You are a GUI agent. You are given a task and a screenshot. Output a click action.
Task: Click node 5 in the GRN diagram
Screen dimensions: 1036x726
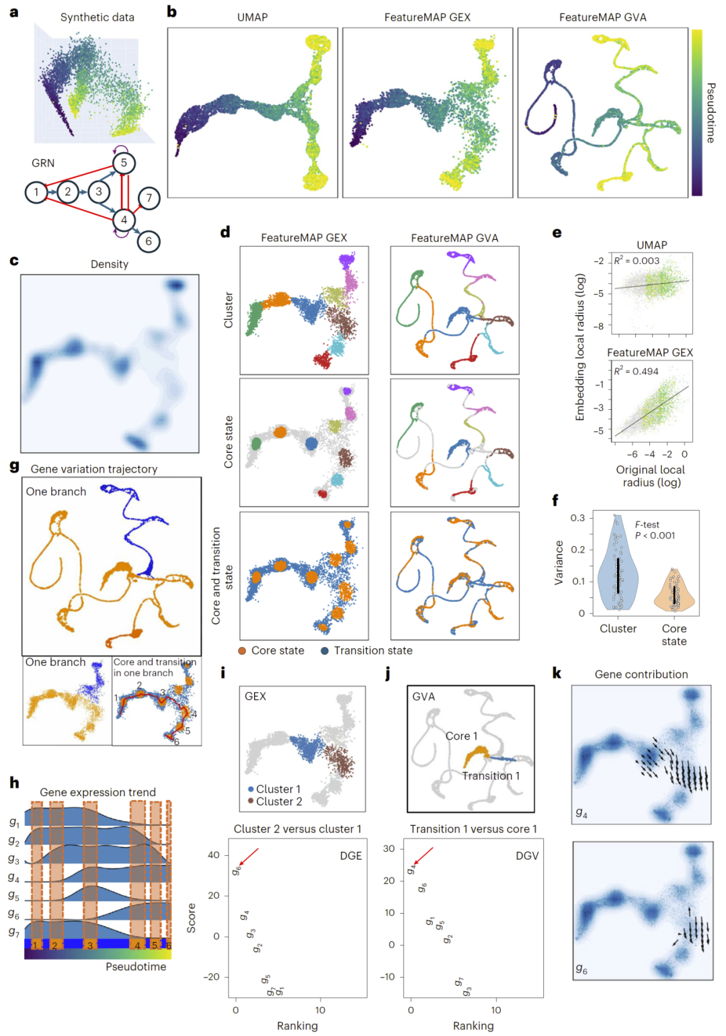pyautogui.click(x=124, y=163)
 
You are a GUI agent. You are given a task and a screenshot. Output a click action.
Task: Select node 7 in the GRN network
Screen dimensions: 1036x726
pyautogui.click(x=149, y=198)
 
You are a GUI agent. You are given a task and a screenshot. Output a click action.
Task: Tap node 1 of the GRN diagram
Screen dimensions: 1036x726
pyautogui.click(x=36, y=192)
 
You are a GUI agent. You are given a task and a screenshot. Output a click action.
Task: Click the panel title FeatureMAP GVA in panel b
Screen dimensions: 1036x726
pyautogui.click(x=602, y=17)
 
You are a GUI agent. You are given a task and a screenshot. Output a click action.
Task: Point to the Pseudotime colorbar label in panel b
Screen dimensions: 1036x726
pyautogui.click(x=711, y=113)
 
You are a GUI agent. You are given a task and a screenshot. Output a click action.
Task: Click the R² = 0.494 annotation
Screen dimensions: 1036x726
pyautogui.click(x=636, y=372)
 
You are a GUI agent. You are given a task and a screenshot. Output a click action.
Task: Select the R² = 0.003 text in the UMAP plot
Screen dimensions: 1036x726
pyautogui.click(x=637, y=261)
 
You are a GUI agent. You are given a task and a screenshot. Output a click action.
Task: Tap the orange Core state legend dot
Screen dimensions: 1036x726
pyautogui.click(x=242, y=650)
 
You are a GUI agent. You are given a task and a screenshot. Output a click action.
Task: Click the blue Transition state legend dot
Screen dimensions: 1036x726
pyautogui.click(x=325, y=650)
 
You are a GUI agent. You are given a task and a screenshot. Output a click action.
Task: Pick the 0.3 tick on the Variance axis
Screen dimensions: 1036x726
pyautogui.click(x=577, y=518)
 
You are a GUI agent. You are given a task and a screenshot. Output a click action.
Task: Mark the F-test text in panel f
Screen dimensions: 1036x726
pyautogui.click(x=647, y=525)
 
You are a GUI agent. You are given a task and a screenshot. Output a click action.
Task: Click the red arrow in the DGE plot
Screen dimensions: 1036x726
pyautogui.click(x=248, y=857)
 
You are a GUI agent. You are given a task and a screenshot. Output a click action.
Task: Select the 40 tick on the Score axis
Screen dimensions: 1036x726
pyautogui.click(x=214, y=855)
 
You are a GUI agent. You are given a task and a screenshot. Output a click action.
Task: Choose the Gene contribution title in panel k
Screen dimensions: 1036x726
pyautogui.click(x=641, y=675)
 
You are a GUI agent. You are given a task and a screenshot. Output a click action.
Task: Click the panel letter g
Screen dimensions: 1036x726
pyautogui.click(x=14, y=466)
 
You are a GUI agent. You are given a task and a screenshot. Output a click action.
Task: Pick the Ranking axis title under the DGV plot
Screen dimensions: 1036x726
pyautogui.click(x=473, y=1026)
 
